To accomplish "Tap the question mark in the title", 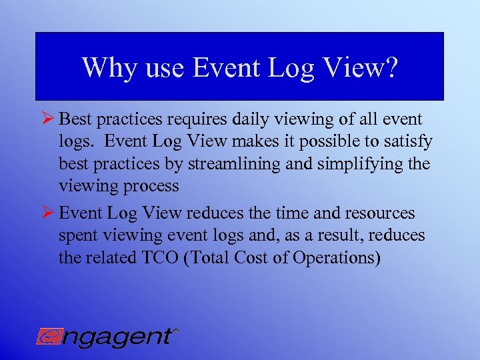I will click(x=391, y=67).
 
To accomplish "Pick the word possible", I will click(x=310, y=142).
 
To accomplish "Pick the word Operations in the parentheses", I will click(x=338, y=258).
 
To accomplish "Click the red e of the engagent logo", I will click(x=47, y=336).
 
